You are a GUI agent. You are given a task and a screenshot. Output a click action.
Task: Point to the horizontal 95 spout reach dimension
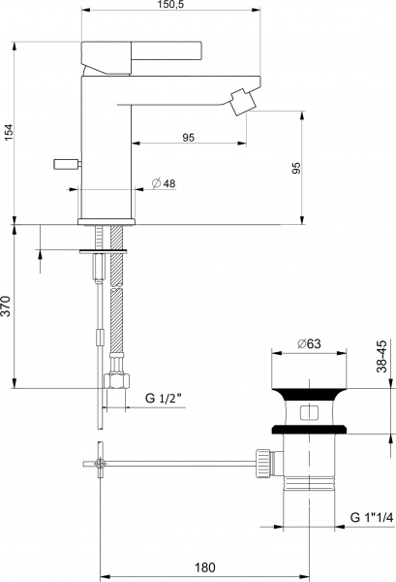188,138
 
